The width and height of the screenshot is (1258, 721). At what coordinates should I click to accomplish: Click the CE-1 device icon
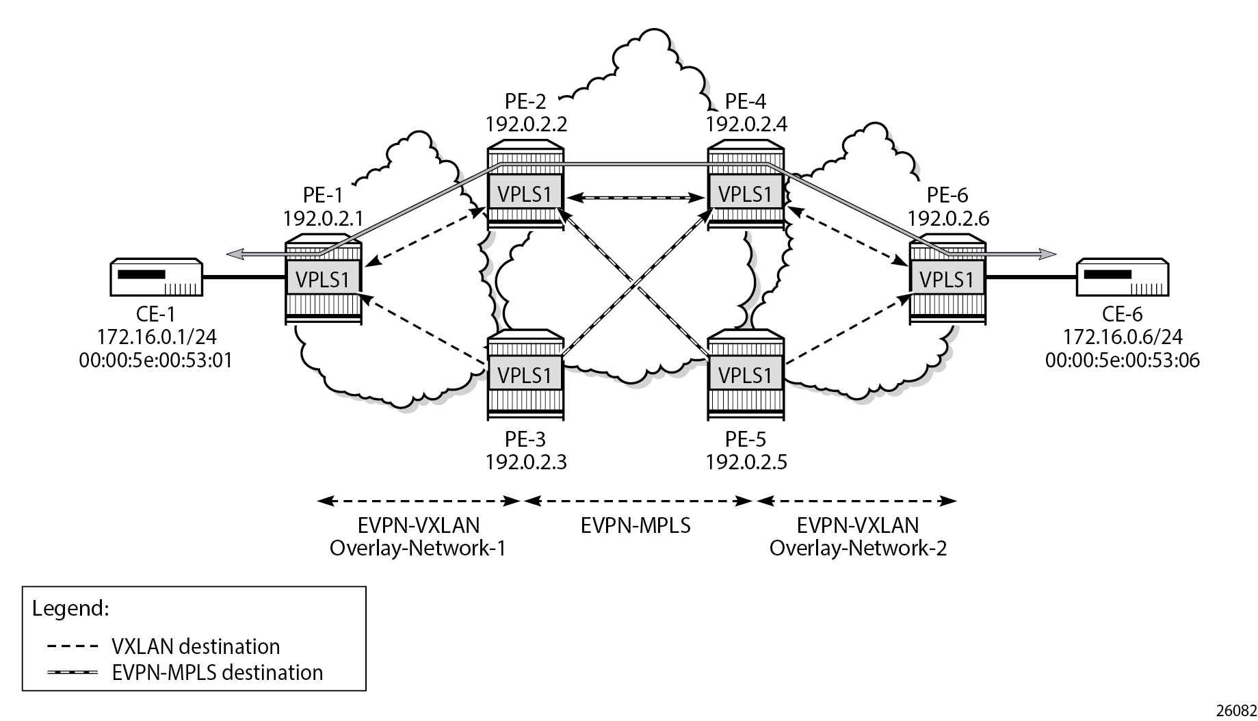coord(156,277)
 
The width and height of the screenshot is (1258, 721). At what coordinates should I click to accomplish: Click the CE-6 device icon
coord(1123,277)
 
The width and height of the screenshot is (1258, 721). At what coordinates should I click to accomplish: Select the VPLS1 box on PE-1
coord(323,280)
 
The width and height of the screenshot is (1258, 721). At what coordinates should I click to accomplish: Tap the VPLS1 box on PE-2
coord(525,194)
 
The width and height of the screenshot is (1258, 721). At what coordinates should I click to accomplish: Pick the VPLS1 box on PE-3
coord(525,375)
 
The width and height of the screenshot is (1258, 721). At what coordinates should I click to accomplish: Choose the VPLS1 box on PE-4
coord(746,194)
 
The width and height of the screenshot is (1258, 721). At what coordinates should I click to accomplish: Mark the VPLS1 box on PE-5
coord(746,375)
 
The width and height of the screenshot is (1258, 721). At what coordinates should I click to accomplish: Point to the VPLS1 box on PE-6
coord(947,280)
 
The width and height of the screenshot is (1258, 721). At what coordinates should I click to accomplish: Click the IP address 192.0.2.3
coord(526,462)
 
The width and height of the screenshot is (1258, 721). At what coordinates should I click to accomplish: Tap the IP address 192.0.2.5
coord(746,462)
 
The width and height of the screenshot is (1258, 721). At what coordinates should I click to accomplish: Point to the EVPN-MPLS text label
coord(635,525)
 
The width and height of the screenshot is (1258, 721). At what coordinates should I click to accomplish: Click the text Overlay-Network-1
coord(418,549)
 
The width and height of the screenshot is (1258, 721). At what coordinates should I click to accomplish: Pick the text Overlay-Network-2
coord(858,549)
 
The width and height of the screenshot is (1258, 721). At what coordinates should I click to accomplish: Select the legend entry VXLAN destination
coord(195,646)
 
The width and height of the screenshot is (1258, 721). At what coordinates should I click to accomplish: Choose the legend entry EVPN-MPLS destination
coord(217,672)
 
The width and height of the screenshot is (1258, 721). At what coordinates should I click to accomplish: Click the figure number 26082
coord(1238,711)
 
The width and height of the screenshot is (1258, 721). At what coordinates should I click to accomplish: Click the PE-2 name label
coord(526,101)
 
